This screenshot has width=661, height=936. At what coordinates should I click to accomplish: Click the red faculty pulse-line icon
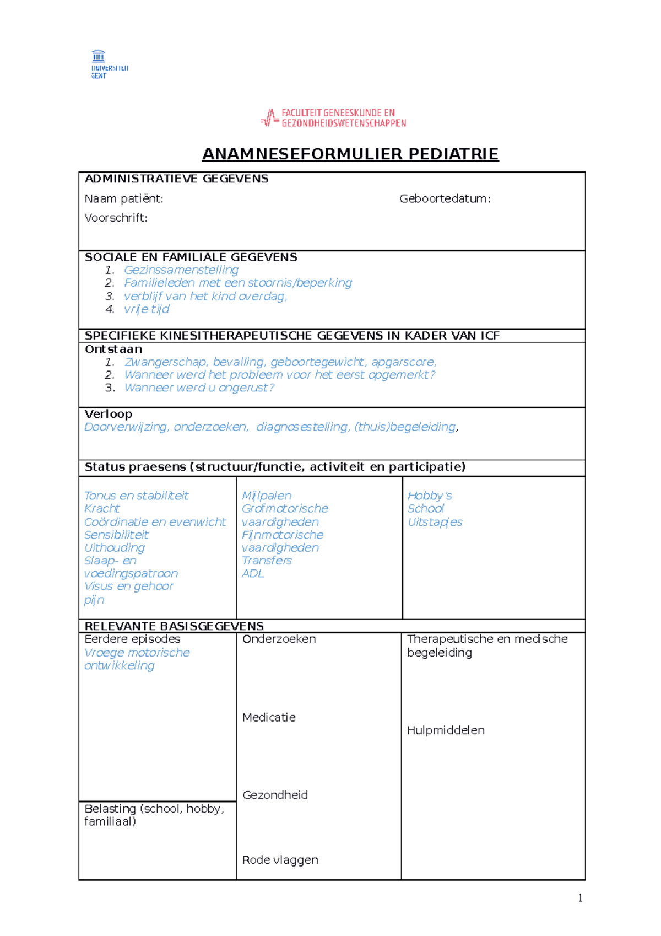269,118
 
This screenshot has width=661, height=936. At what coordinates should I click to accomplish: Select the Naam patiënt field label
124,198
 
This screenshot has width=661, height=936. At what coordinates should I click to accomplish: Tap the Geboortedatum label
445,198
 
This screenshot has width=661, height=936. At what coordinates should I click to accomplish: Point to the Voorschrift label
116,218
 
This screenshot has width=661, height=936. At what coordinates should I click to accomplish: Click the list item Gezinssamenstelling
181,270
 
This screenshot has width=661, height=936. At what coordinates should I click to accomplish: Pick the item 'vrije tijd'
146,309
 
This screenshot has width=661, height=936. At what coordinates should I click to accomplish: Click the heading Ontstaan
113,349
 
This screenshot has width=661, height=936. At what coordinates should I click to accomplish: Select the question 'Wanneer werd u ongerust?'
199,388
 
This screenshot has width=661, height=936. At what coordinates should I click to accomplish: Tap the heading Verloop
108,414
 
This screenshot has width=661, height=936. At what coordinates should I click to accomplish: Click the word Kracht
102,508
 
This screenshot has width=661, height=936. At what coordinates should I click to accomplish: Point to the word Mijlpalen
267,496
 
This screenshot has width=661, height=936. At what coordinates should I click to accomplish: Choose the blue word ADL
253,573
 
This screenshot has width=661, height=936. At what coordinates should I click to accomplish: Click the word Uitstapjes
435,522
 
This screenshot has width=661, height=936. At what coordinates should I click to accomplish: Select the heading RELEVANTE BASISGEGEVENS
174,626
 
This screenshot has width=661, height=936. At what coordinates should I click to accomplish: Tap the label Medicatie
269,717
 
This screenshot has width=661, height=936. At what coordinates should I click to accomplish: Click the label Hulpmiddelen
446,730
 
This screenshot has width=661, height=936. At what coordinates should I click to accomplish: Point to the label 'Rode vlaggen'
280,860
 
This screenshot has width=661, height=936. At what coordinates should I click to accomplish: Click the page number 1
580,898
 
